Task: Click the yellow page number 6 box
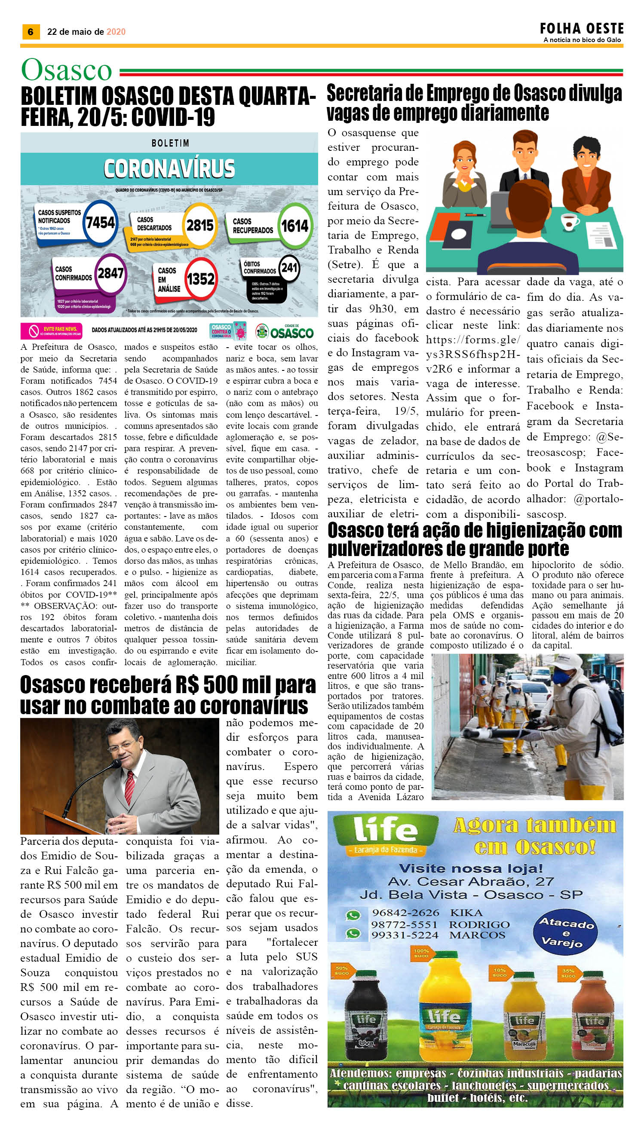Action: tap(31, 32)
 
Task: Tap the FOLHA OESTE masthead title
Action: tap(581, 29)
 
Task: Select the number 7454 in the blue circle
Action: tap(101, 222)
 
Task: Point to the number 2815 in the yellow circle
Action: tap(200, 226)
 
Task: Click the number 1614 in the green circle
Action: tap(294, 226)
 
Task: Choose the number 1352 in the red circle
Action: tap(200, 279)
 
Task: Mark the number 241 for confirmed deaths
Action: tap(289, 267)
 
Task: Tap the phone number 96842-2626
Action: tap(405, 912)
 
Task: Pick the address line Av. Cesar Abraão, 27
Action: tap(471, 881)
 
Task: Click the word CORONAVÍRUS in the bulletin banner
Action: tap(169, 168)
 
